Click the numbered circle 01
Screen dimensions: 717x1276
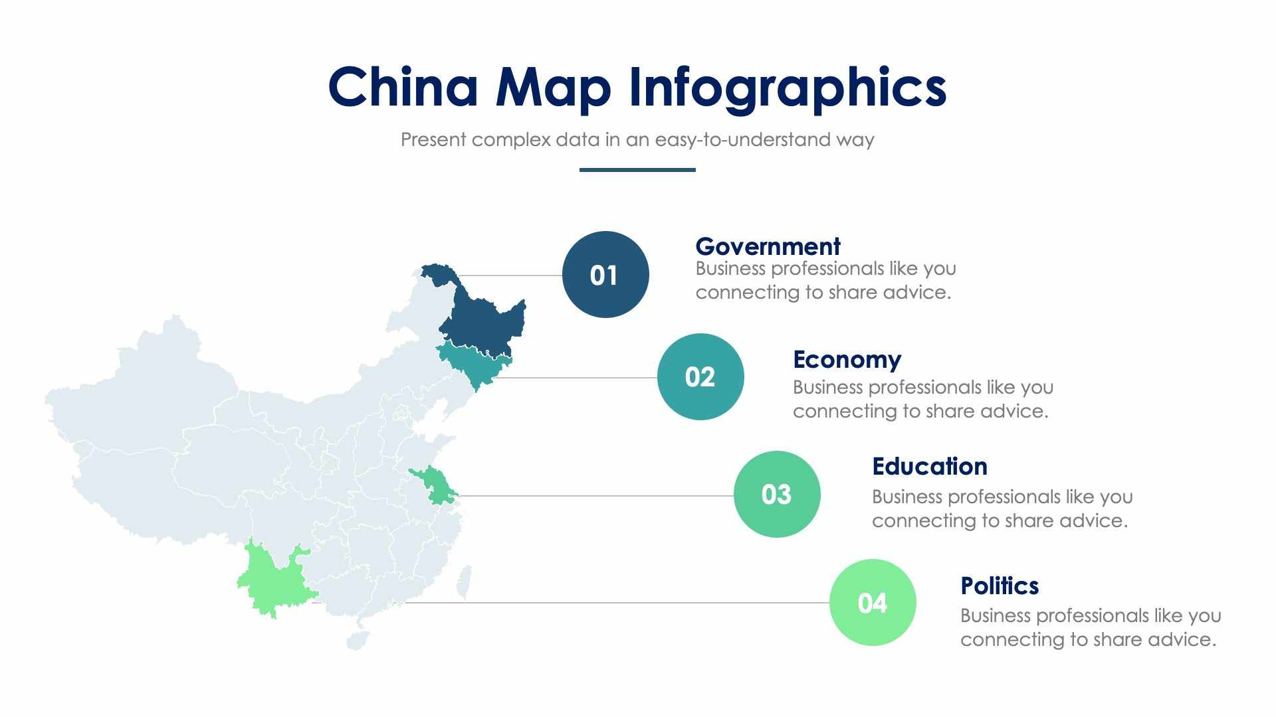tap(605, 274)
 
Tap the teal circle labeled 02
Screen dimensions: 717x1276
tap(700, 376)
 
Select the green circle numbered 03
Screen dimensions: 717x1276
tap(776, 494)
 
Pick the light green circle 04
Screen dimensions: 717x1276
tap(872, 602)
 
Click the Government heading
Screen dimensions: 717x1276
tap(768, 246)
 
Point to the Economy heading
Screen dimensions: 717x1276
tap(847, 359)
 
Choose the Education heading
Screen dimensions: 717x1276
tap(929, 466)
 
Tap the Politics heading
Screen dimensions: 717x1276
tap(999, 586)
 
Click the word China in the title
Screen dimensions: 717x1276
tap(403, 87)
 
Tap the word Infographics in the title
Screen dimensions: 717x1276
tap(787, 87)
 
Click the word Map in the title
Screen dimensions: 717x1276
tap(553, 87)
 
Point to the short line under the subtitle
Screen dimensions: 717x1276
tap(637, 170)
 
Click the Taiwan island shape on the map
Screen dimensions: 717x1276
tap(464, 582)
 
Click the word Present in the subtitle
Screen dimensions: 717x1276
tap(433, 139)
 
